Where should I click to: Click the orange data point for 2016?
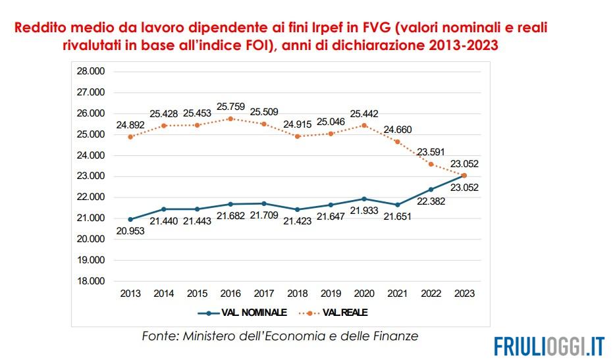(x=230, y=118)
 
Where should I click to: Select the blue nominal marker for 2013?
(x=131, y=219)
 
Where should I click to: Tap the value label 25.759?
(x=231, y=105)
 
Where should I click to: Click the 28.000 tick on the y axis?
(x=92, y=71)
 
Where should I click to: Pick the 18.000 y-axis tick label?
(x=92, y=281)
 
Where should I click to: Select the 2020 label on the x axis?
(x=363, y=294)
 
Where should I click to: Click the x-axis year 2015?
(x=197, y=294)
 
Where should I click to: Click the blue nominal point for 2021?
(x=397, y=205)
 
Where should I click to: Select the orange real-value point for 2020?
(x=363, y=125)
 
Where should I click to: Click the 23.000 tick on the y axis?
(x=92, y=176)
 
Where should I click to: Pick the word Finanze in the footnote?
(x=395, y=336)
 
